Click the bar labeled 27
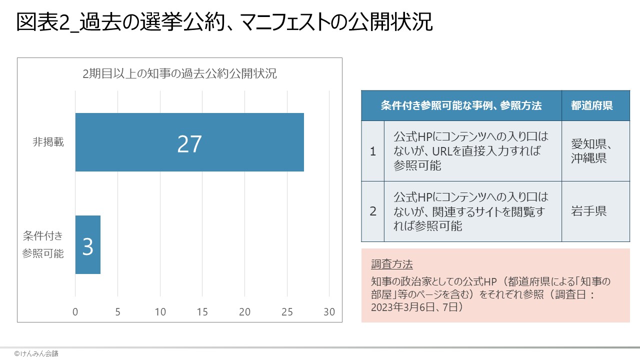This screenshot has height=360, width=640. [189, 142]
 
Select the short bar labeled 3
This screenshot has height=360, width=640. [88, 245]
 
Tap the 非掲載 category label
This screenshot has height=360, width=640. [48, 142]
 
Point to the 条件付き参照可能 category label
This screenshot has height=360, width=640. [43, 244]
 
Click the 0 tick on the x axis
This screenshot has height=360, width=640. [75, 311]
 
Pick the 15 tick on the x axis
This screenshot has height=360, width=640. [202, 311]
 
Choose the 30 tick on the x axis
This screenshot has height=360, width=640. [329, 311]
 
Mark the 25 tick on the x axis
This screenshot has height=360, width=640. [287, 311]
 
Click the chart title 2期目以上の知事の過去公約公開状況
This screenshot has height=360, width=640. [179, 74]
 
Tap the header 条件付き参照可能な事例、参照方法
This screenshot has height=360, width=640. [461, 105]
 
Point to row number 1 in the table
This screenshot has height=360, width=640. [372, 151]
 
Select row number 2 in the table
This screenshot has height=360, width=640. [372, 211]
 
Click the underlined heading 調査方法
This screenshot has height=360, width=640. [392, 264]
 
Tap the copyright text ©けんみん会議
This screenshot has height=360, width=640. [36, 353]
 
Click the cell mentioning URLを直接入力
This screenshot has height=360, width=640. [472, 151]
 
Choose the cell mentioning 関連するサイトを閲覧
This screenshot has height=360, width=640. [472, 211]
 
